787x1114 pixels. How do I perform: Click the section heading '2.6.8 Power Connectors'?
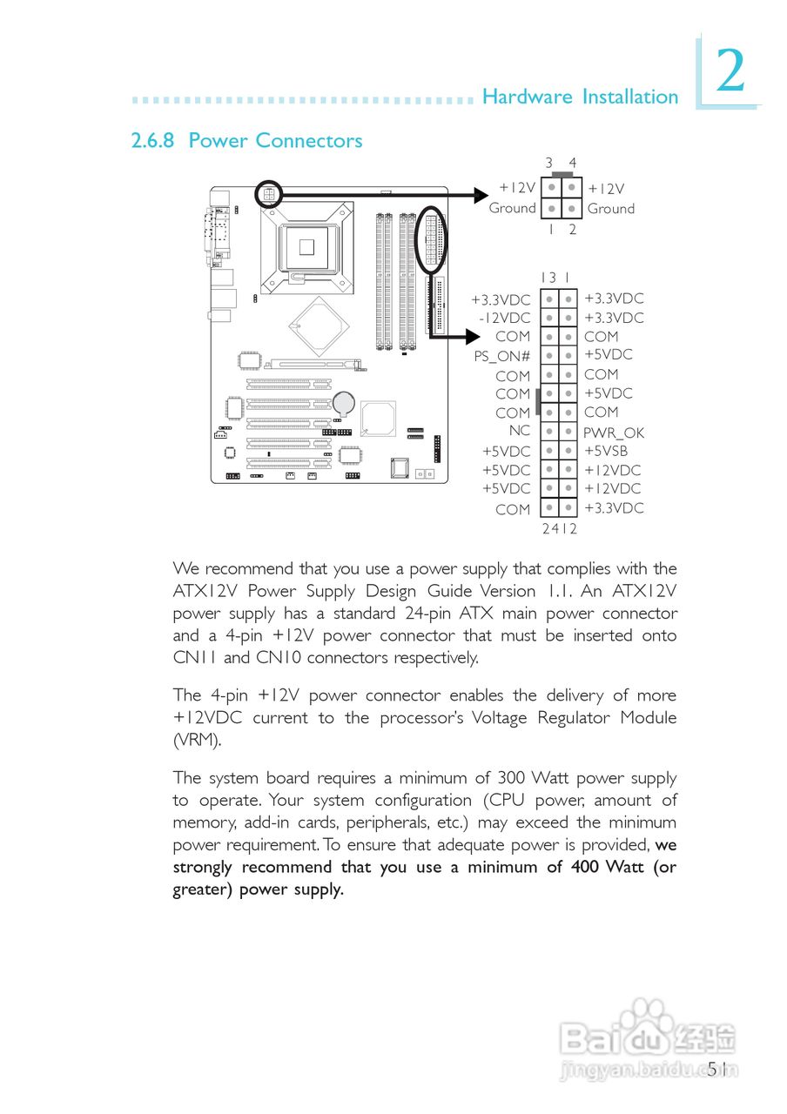pyautogui.click(x=246, y=141)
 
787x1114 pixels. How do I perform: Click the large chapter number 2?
pyautogui.click(x=730, y=72)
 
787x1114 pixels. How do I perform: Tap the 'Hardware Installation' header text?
pyautogui.click(x=580, y=97)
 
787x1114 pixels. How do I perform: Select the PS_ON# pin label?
pyautogui.click(x=502, y=356)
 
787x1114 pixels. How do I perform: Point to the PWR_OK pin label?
pyautogui.click(x=614, y=433)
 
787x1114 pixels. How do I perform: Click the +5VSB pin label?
pyautogui.click(x=606, y=451)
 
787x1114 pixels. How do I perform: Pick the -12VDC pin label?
pyautogui.click(x=504, y=318)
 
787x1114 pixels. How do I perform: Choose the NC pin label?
pyautogui.click(x=520, y=430)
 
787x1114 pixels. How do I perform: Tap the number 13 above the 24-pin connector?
pyautogui.click(x=548, y=278)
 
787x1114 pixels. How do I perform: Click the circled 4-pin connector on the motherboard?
pyautogui.click(x=269, y=195)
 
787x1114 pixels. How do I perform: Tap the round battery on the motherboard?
pyautogui.click(x=346, y=401)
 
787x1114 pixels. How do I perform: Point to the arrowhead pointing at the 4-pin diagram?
pyautogui.click(x=481, y=196)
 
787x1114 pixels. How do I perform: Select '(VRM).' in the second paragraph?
pyautogui.click(x=197, y=741)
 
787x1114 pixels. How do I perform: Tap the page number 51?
pyautogui.click(x=718, y=1069)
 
